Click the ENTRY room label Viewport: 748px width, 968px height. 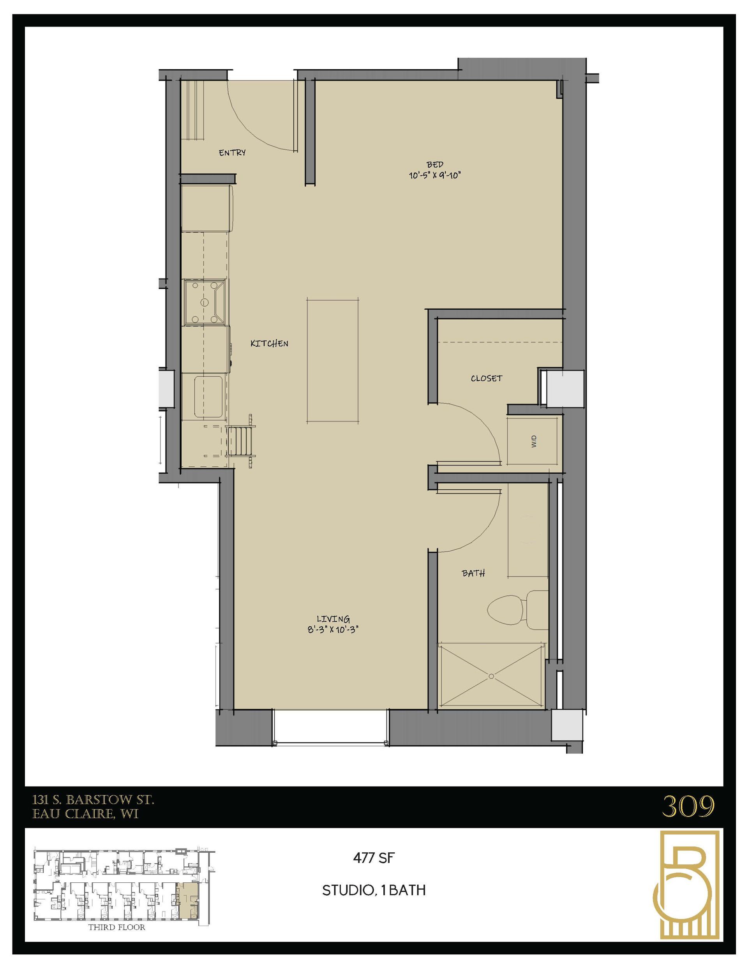[x=232, y=152]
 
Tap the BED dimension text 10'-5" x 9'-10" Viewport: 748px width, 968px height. [x=434, y=175]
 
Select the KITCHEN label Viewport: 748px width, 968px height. [x=269, y=343]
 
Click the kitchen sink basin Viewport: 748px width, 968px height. [x=208, y=396]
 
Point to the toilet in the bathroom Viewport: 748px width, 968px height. [x=514, y=610]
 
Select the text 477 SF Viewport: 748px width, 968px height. [x=373, y=858]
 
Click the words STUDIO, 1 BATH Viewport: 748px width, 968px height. [x=373, y=890]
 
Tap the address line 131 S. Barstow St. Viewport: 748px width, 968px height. [x=93, y=800]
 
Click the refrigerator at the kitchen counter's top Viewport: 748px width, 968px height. [x=206, y=208]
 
